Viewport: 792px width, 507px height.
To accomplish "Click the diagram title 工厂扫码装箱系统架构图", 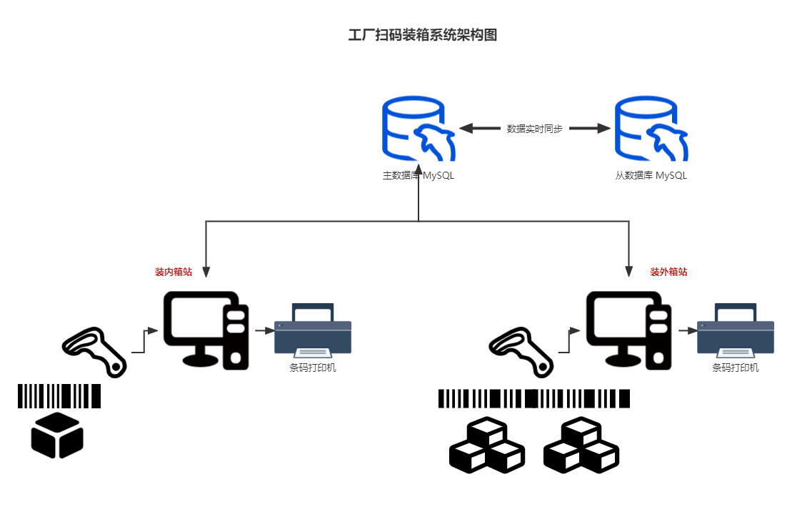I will [x=422, y=36].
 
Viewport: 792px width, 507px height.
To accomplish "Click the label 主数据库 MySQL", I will [x=418, y=175].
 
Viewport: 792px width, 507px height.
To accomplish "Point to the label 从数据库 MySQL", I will [x=651, y=175].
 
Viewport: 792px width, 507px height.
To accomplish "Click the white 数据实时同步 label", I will [x=535, y=129].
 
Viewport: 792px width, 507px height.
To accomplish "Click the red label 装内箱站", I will [x=174, y=272].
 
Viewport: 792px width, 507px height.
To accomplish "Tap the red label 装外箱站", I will [x=669, y=272].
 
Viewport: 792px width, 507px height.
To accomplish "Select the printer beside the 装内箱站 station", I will [x=314, y=330].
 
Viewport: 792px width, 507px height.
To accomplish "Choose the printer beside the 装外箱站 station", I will [x=736, y=330].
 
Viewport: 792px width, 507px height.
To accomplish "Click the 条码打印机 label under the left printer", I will [x=313, y=368].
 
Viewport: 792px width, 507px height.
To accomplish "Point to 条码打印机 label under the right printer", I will [x=736, y=368].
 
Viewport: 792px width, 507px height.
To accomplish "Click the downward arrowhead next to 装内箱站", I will [x=206, y=272].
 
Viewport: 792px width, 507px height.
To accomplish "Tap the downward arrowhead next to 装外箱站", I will [x=629, y=270].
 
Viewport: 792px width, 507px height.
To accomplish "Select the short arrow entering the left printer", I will [x=265, y=330].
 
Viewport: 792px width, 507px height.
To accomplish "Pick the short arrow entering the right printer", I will [x=688, y=330].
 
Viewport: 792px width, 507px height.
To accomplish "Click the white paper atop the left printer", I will [x=313, y=315].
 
